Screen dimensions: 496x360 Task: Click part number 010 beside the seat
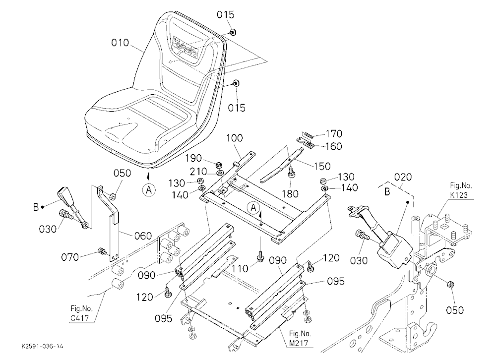(120, 42)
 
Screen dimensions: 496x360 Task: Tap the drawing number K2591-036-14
(42, 347)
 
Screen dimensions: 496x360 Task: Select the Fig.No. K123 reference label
(461, 190)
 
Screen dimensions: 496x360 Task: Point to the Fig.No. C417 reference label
(79, 313)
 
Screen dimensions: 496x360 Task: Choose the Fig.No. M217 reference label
(300, 338)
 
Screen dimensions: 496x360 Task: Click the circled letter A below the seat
(149, 190)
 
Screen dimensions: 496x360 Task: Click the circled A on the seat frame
(253, 208)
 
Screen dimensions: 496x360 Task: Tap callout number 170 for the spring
(334, 134)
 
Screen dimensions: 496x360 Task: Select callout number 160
(334, 146)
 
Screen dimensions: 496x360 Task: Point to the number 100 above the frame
(235, 138)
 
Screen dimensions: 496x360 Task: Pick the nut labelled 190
(218, 165)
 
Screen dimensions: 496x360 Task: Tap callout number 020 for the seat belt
(402, 177)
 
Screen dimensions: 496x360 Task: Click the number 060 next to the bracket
(143, 236)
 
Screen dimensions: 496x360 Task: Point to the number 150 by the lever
(322, 166)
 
